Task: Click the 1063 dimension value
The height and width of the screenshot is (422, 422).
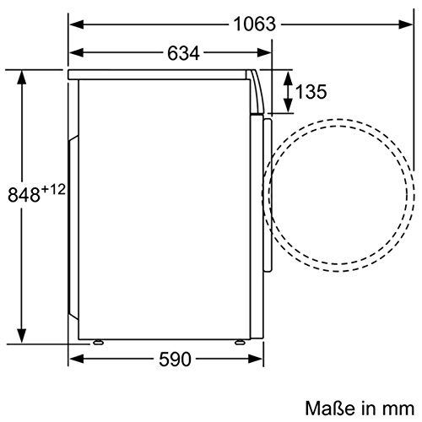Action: pos(255,24)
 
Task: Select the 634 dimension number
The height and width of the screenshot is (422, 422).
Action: pos(183,53)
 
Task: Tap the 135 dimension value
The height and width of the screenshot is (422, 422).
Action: pos(311,92)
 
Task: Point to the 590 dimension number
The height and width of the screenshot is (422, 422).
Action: pos(175,360)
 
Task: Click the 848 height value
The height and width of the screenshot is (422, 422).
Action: pos(24,195)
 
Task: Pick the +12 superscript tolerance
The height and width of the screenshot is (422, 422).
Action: pos(53,189)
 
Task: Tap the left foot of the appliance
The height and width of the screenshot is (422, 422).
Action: pos(98,343)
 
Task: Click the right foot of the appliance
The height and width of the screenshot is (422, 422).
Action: pos(240,343)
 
